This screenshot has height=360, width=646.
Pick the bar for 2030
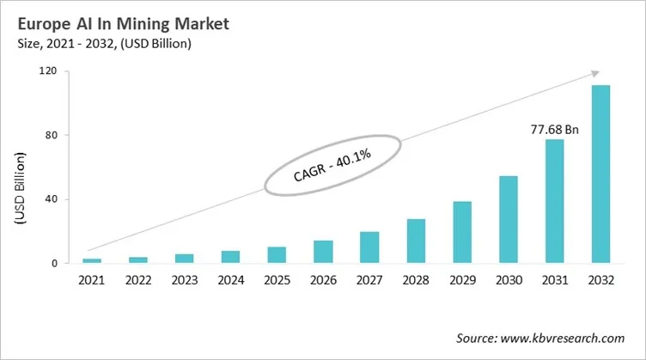tap(508, 220)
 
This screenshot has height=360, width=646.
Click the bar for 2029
tap(461, 232)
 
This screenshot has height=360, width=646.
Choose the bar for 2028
tap(415, 241)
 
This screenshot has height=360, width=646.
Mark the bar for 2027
tap(369, 247)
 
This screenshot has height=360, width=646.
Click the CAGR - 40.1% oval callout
tap(333, 163)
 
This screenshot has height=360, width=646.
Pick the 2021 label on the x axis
tap(92, 281)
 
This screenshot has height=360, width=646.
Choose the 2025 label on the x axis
tap(277, 281)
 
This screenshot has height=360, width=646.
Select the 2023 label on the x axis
tap(185, 281)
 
